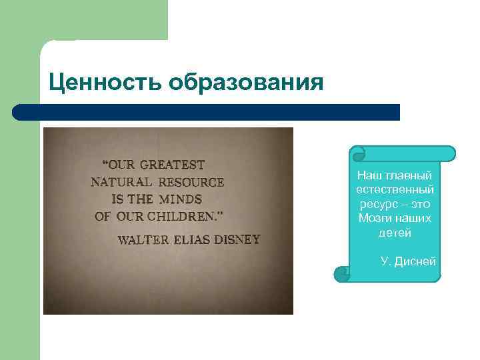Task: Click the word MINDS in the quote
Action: tap(180, 199)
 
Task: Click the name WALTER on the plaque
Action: tap(143, 239)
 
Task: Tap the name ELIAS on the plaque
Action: tap(193, 239)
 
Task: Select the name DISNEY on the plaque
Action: tap(238, 239)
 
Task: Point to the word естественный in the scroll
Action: tap(395, 190)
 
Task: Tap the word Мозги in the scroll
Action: tap(374, 219)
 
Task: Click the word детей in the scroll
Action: tap(395, 233)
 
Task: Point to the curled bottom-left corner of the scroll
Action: tap(341, 273)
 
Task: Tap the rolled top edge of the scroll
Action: tap(403, 154)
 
